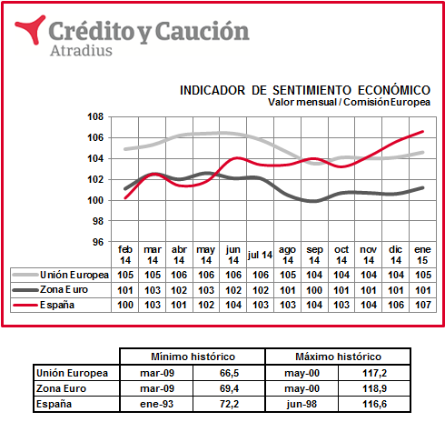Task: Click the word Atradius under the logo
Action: click(x=81, y=50)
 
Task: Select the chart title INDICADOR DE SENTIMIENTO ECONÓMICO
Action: click(x=305, y=90)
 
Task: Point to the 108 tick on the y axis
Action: click(x=95, y=116)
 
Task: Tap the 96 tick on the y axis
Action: click(x=98, y=242)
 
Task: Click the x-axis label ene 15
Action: click(x=422, y=255)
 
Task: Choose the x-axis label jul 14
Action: click(x=260, y=255)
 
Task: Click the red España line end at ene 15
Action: click(x=422, y=132)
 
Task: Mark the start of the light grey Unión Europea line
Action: click(x=125, y=149)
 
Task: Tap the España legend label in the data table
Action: click(x=57, y=305)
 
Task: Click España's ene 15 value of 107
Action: click(x=423, y=305)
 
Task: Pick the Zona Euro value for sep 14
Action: click(x=314, y=290)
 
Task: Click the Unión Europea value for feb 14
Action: click(x=125, y=275)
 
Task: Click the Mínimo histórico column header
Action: click(x=193, y=357)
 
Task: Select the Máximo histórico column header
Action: click(x=338, y=357)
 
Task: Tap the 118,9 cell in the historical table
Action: click(x=374, y=388)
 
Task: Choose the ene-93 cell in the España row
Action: click(x=157, y=404)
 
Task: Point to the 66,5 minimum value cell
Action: click(x=229, y=373)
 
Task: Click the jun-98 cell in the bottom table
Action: click(x=302, y=404)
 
